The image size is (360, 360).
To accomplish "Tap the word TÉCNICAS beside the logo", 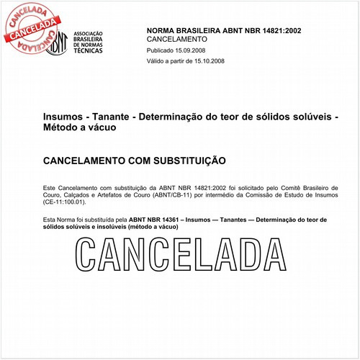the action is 89,53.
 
